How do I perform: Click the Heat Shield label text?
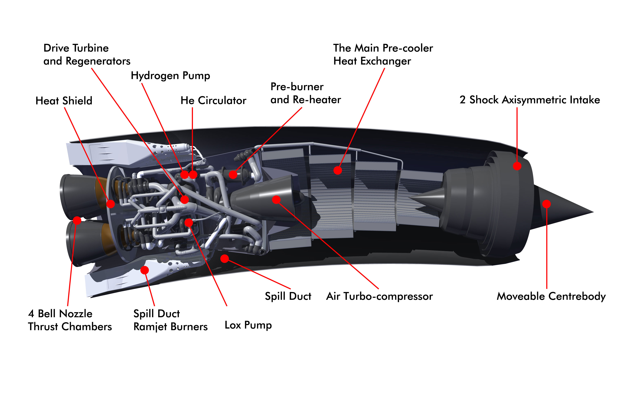tap(64, 101)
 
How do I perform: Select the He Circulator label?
tap(213, 100)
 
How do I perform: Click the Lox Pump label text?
tap(248, 325)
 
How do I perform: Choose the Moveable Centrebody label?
tap(551, 296)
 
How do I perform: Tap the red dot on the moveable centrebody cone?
tap(546, 204)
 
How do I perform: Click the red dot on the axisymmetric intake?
tap(517, 166)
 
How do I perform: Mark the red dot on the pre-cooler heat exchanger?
tap(337, 170)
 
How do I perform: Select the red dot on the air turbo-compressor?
tap(276, 200)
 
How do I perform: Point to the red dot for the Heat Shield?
tap(110, 204)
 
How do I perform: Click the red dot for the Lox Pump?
tap(189, 222)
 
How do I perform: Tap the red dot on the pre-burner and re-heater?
tap(233, 174)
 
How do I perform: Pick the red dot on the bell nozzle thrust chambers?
tap(77, 220)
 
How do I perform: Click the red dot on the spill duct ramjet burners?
tap(144, 270)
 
